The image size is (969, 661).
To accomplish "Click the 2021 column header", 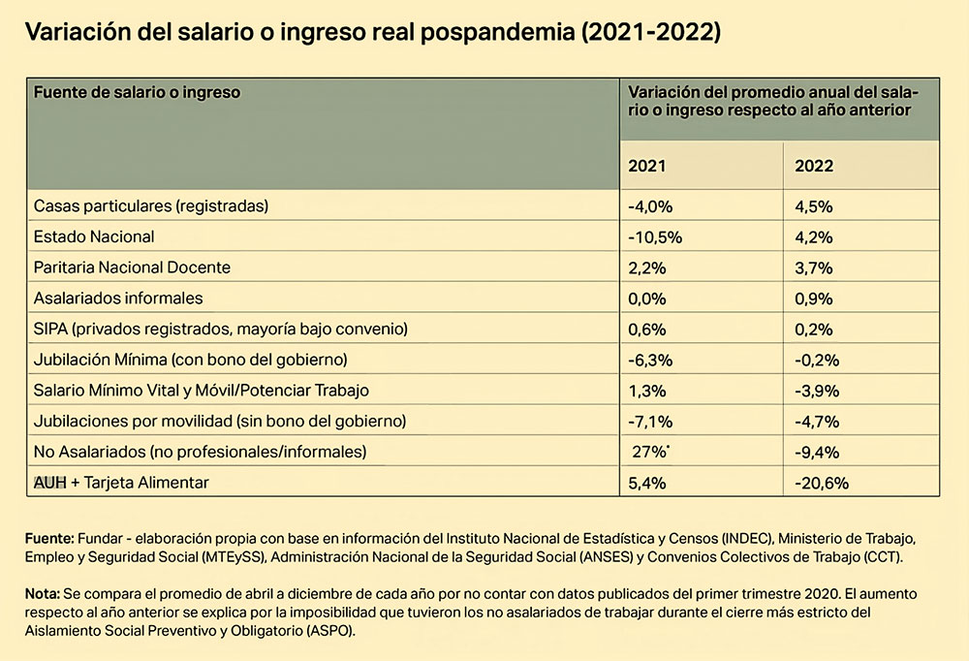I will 646,166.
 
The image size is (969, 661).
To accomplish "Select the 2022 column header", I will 814,166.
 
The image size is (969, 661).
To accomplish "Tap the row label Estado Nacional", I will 94,236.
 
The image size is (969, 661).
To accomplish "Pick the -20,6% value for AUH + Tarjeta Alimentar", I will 822,482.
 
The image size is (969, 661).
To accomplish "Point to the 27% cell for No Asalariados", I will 649,452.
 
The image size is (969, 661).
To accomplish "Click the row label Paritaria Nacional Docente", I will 132,268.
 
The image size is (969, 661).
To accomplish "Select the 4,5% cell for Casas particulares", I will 814,206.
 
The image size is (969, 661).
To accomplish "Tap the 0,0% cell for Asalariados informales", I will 647,299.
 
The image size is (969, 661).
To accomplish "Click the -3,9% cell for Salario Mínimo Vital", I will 818,391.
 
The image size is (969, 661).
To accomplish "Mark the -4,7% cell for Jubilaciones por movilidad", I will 818,421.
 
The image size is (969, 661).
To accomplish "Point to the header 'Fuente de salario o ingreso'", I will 137,93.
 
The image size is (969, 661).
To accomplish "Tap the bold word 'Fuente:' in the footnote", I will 48,538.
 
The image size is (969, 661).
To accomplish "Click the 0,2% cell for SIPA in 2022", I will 814,329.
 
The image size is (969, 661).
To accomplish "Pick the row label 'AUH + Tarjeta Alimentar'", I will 121,482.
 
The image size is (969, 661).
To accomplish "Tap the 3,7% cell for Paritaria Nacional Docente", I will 814,268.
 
